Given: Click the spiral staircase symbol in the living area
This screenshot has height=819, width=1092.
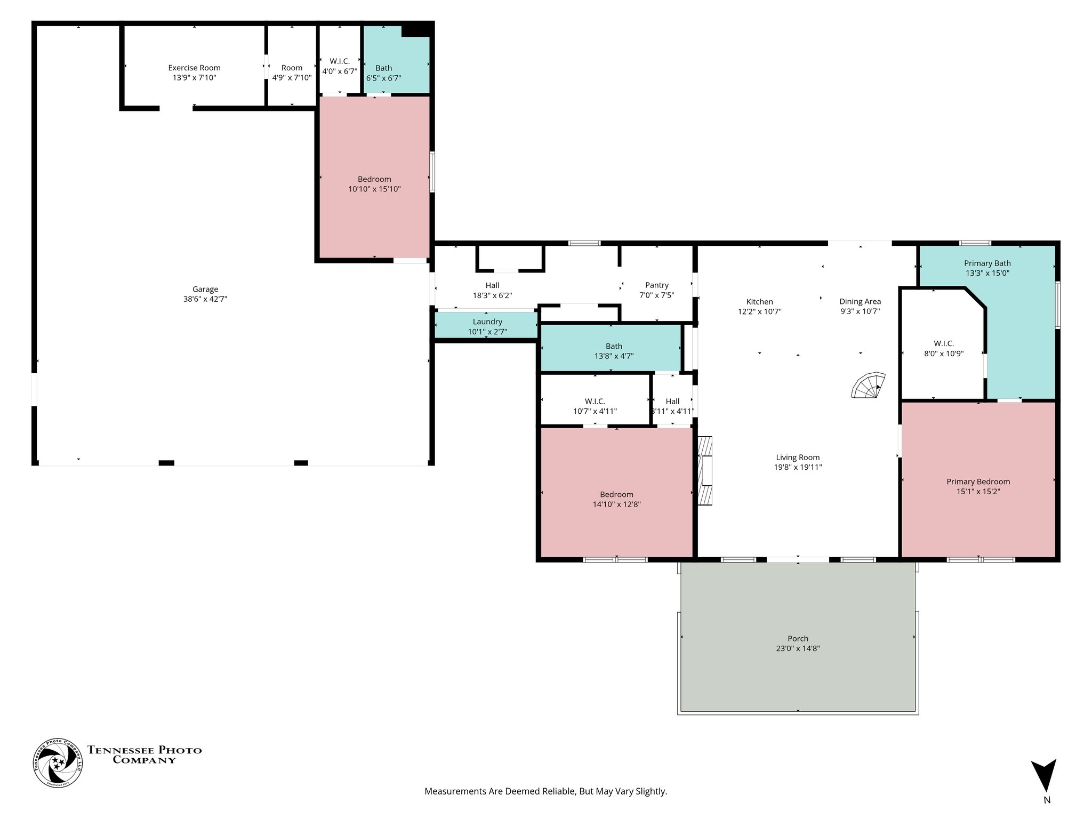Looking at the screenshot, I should [868, 386].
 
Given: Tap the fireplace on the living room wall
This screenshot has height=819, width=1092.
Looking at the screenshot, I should [705, 471].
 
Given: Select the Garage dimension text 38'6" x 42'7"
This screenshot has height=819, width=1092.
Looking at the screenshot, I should [205, 299].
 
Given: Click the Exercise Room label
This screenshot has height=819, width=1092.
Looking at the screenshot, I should [194, 68].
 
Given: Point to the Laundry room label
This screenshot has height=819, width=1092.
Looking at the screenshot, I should [487, 322].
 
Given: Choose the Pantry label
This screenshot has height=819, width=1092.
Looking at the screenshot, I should [656, 285].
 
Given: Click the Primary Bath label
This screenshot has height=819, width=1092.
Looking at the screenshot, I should [987, 263].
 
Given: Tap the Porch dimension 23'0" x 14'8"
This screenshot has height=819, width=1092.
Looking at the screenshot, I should [798, 648].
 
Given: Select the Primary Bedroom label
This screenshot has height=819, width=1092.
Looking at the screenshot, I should [978, 481].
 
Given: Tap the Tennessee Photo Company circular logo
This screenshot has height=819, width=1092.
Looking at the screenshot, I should [58, 763].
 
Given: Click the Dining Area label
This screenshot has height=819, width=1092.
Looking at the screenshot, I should [860, 301].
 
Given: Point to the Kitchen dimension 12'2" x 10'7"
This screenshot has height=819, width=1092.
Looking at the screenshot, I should [759, 311].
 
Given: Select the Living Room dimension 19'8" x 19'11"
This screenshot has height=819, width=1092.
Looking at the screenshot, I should [798, 467].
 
